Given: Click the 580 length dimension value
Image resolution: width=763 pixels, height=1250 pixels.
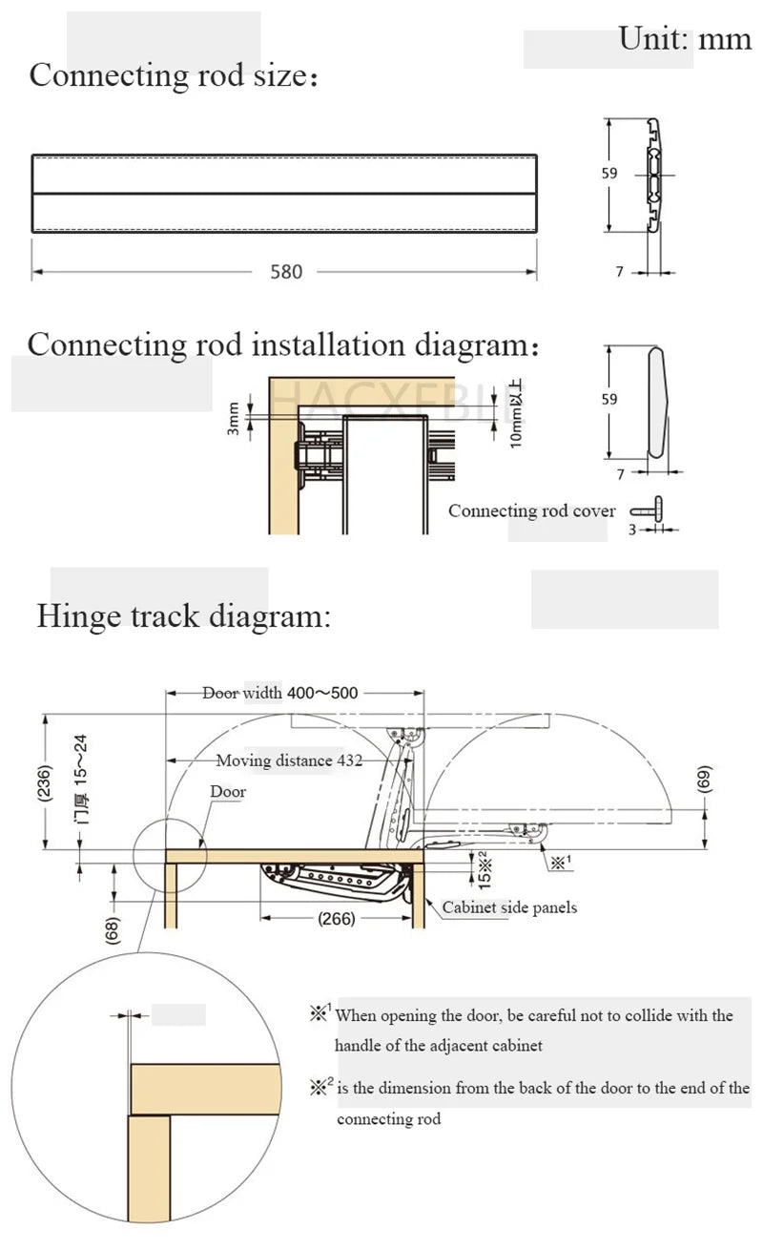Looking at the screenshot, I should (x=286, y=272).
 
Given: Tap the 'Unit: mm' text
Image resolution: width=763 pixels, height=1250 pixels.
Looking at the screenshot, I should (x=685, y=38).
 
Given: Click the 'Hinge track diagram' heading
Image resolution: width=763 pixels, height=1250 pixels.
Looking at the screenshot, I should (x=183, y=615).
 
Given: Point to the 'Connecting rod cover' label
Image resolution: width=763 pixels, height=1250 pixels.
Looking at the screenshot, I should (x=532, y=510).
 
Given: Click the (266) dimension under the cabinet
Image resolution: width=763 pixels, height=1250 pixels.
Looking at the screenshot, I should (x=336, y=919).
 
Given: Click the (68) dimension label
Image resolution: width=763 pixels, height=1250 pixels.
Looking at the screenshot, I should (x=113, y=930).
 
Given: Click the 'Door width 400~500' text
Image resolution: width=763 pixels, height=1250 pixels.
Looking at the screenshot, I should (x=280, y=693).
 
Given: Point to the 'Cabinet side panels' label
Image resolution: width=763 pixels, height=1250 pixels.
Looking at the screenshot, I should (x=509, y=907).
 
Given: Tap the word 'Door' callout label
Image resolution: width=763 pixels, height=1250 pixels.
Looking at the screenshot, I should (x=228, y=791).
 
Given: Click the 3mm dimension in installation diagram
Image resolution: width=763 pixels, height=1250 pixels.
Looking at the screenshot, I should (x=234, y=418).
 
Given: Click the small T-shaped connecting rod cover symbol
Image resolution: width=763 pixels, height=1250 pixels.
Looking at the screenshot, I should (x=657, y=510).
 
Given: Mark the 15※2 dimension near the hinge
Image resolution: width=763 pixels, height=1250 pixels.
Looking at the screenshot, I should (x=484, y=867).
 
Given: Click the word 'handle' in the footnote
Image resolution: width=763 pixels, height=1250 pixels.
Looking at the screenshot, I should (x=361, y=1046).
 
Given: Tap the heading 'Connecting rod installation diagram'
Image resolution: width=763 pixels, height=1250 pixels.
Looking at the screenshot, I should (x=283, y=344).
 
